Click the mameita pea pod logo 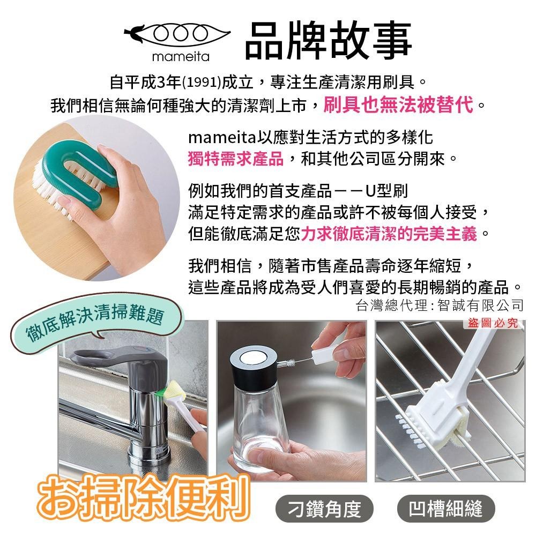click(x=177, y=34)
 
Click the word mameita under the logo click(x=181, y=56)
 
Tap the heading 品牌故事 click(x=328, y=40)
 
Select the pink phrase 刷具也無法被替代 click(x=398, y=105)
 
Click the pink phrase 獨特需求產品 click(x=235, y=159)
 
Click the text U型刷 click(x=386, y=191)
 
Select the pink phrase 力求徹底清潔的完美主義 click(x=389, y=234)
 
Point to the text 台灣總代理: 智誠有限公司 click(x=440, y=305)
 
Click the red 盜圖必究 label click(x=493, y=323)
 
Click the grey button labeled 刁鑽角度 click(x=324, y=509)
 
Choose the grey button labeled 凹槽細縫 click(x=446, y=509)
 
